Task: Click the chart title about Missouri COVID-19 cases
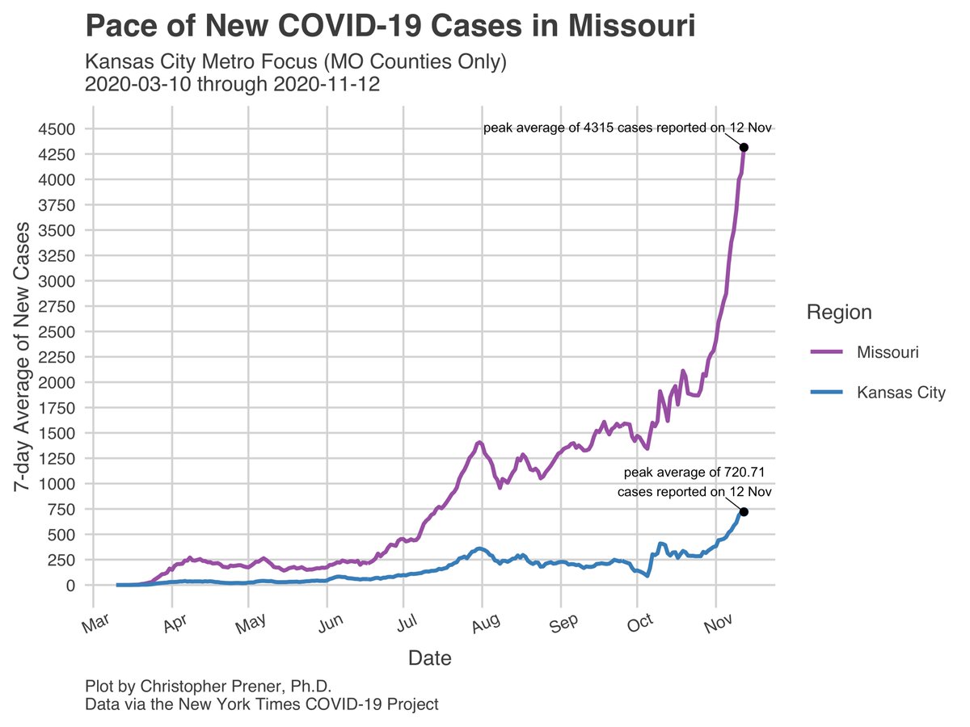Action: (390, 27)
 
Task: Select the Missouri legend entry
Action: (887, 352)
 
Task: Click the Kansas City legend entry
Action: (900, 393)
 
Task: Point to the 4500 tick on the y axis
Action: (57, 128)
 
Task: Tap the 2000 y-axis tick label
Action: (57, 382)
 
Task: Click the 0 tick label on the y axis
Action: (70, 585)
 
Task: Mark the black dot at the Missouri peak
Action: (744, 147)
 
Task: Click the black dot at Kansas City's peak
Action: (744, 511)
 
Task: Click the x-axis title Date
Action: (429, 658)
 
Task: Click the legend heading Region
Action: (839, 313)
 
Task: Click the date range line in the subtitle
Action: (232, 84)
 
